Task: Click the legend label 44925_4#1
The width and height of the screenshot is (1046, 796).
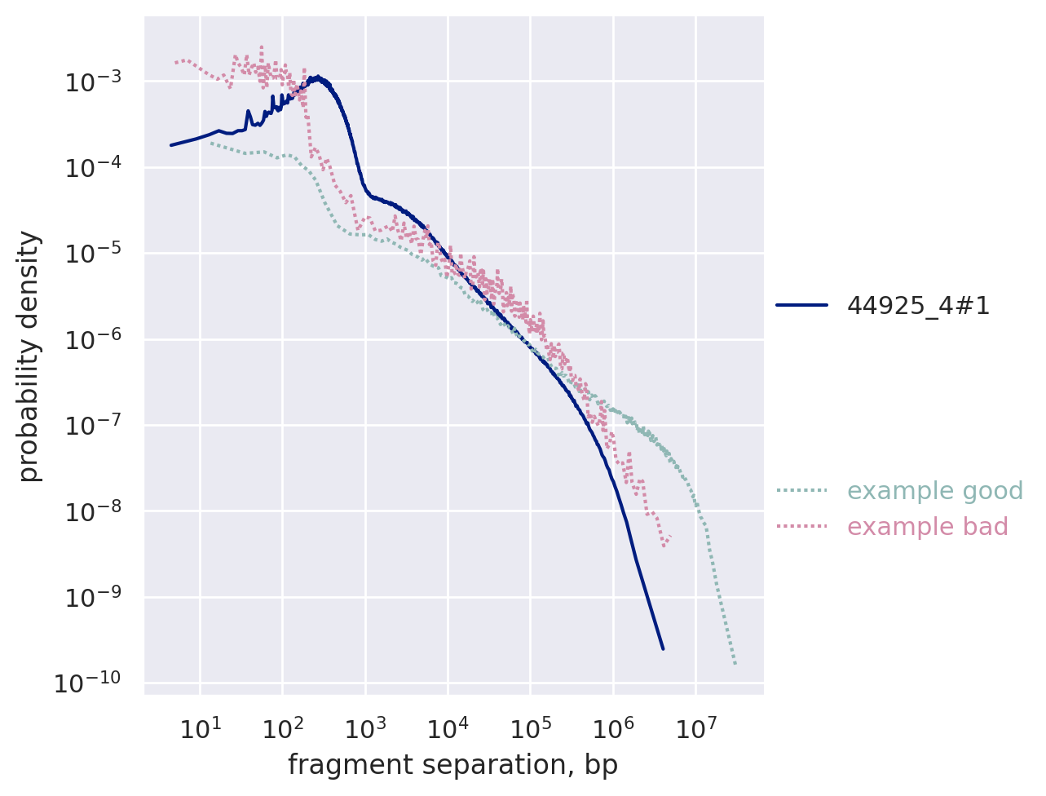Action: point(919,306)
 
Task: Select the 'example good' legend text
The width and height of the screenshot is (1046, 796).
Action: point(935,491)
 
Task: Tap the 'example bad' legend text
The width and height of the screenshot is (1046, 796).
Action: point(928,527)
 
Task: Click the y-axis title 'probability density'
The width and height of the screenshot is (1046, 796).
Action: point(29,356)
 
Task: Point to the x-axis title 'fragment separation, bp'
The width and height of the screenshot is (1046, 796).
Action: point(452,766)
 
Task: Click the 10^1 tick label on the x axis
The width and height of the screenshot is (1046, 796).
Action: point(199,728)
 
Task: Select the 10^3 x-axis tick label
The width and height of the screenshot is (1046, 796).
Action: point(364,728)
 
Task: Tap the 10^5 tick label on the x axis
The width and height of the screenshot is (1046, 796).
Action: point(530,728)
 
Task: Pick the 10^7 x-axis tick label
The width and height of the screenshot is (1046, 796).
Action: point(695,728)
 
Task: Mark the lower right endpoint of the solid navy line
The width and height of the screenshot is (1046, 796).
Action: point(663,649)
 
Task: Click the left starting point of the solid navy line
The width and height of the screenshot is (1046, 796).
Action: point(170,145)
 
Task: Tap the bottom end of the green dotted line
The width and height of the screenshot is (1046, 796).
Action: point(735,664)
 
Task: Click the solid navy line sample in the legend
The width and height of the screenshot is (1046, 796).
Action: point(801,306)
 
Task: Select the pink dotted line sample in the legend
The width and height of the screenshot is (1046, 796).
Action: point(801,527)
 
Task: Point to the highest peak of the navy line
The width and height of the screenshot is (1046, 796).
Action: point(318,77)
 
